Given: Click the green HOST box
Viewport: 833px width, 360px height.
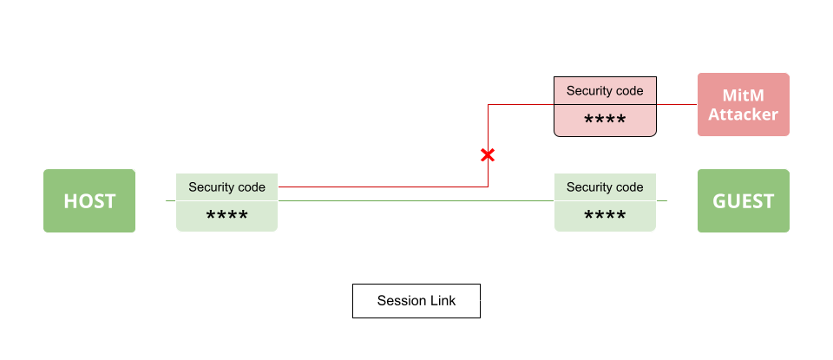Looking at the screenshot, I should tap(89, 201).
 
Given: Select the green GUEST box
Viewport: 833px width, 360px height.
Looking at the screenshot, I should tap(743, 201).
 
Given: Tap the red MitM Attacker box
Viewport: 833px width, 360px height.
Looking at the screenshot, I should tap(743, 105).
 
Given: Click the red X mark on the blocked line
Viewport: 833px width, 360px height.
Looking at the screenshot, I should tap(488, 155).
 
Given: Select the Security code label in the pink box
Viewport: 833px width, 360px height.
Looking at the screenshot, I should tap(605, 90).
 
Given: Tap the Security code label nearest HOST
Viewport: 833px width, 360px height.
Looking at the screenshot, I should tap(226, 187).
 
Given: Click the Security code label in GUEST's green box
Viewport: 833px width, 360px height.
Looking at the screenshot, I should tap(605, 187).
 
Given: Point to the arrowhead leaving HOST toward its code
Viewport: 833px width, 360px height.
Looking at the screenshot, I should tap(163, 201).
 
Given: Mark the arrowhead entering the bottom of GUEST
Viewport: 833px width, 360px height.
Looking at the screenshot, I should tap(744, 237).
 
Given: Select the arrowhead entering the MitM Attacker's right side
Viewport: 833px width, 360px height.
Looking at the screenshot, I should tap(794, 105).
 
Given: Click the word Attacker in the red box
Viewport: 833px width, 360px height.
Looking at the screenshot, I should tap(743, 115).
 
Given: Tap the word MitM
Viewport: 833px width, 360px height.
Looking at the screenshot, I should tap(743, 95).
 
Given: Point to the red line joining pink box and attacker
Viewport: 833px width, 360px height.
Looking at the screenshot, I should tap(676, 105).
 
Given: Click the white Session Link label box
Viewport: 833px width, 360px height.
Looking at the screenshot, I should tap(416, 301).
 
